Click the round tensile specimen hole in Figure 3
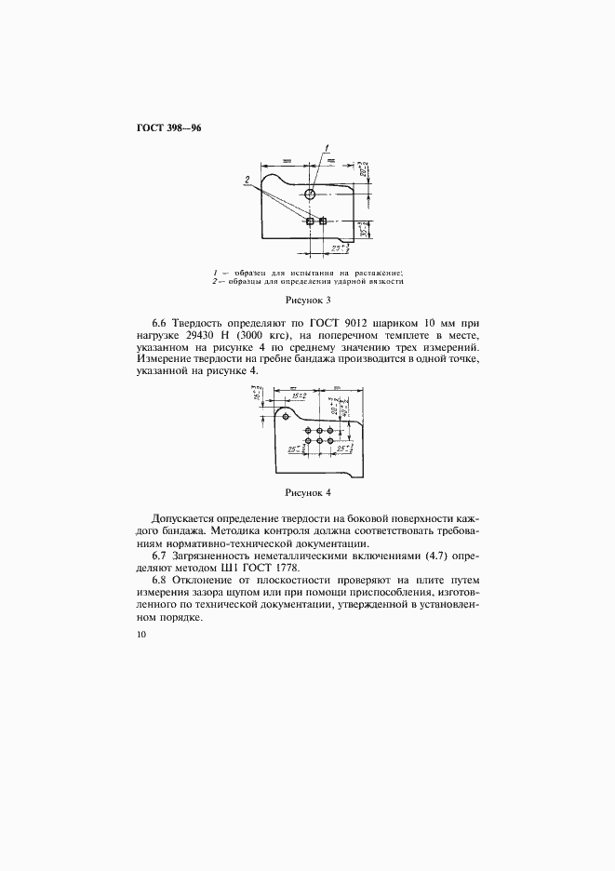310,194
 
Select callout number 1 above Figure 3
327,147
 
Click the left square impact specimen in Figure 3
310,221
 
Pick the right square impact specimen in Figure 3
323,221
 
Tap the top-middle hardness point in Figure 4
319,430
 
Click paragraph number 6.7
163,556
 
